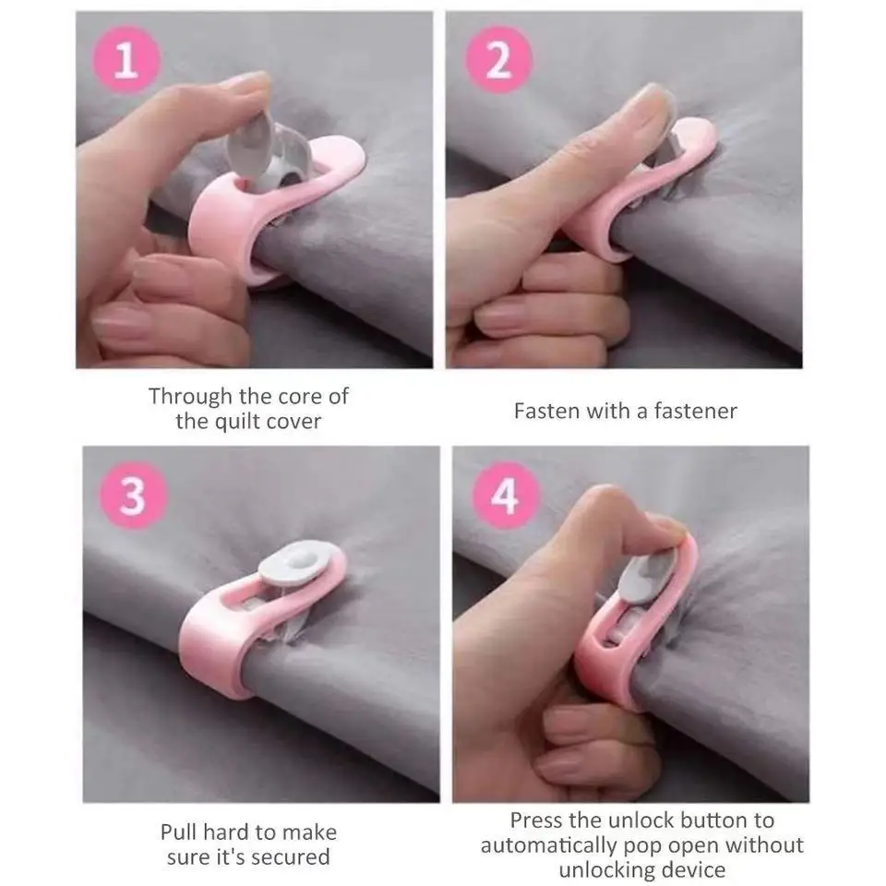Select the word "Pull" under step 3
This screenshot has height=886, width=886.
tap(181, 832)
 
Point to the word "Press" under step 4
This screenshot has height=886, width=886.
tap(539, 820)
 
